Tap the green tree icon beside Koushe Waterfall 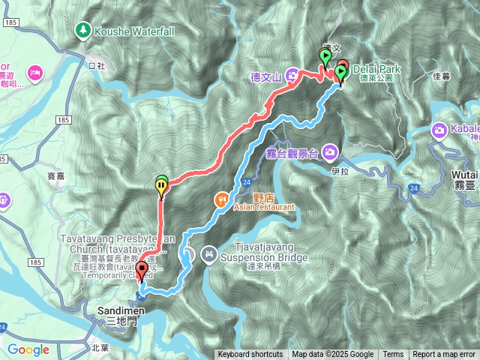pos(82,31)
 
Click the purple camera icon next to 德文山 pos(292,74)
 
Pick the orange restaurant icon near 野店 pos(221,199)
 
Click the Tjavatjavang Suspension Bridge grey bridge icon pos(208,255)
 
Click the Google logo pos(28,349)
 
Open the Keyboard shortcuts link pos(250,355)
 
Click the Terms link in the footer pos(393,355)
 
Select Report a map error pos(444,355)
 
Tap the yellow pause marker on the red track pos(161,187)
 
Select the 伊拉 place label pos(340,171)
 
